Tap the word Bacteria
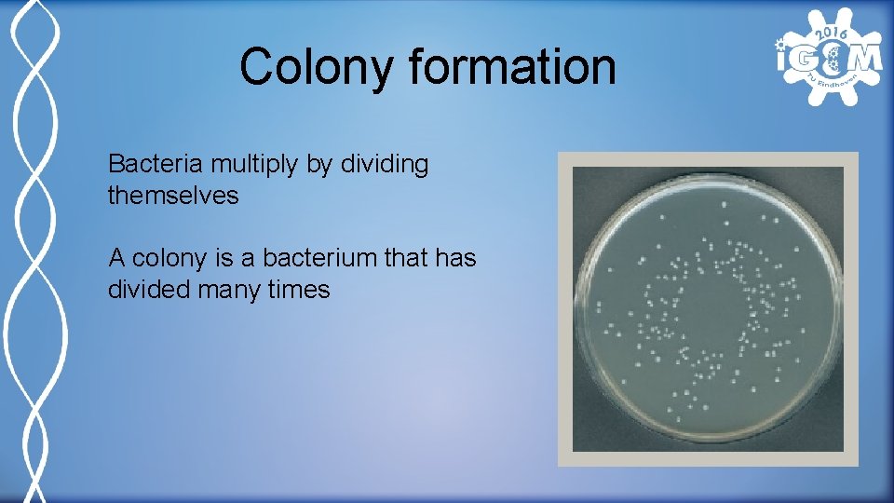156,165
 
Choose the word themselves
173,196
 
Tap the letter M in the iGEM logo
864,59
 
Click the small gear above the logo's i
781,43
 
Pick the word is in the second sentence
221,257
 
